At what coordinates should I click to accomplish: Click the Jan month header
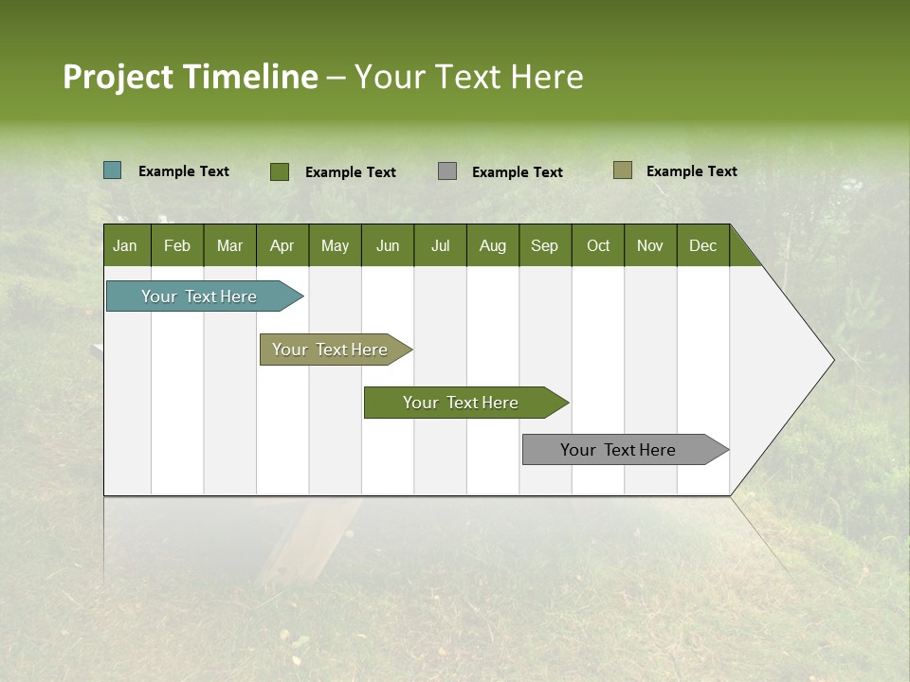click(x=126, y=245)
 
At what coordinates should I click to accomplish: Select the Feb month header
click(x=177, y=245)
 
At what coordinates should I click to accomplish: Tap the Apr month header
click(x=282, y=245)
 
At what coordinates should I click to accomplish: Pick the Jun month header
click(x=388, y=245)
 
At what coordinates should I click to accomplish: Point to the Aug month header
click(x=493, y=245)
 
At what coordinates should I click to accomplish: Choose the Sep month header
click(x=545, y=245)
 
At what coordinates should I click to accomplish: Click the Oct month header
click(x=598, y=245)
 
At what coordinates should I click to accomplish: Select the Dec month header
click(x=703, y=245)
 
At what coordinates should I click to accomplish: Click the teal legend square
click(x=113, y=170)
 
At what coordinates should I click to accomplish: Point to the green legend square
click(x=280, y=171)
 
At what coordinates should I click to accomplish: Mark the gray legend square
click(x=447, y=171)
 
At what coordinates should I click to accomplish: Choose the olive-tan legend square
click(x=622, y=170)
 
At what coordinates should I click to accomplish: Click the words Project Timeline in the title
click(x=191, y=77)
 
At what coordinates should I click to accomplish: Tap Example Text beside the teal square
click(x=184, y=171)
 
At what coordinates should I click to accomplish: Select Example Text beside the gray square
click(x=518, y=172)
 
